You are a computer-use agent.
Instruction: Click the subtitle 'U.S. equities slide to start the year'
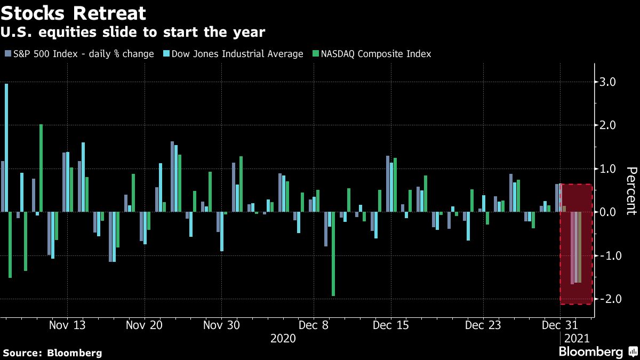[x=134, y=33]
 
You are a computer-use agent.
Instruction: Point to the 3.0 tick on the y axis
[x=609, y=82]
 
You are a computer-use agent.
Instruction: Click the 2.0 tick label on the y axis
[x=609, y=125]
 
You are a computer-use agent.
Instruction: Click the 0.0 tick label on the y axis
[x=609, y=212]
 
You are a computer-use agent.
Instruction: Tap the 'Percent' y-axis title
[x=631, y=190]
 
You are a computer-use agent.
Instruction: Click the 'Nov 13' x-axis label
[x=67, y=325]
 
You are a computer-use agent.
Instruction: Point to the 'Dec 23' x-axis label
[x=483, y=325]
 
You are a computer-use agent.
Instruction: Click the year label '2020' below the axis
[x=283, y=339]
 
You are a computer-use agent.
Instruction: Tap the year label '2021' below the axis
[x=577, y=339]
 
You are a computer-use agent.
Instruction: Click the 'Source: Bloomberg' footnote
[x=52, y=353]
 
